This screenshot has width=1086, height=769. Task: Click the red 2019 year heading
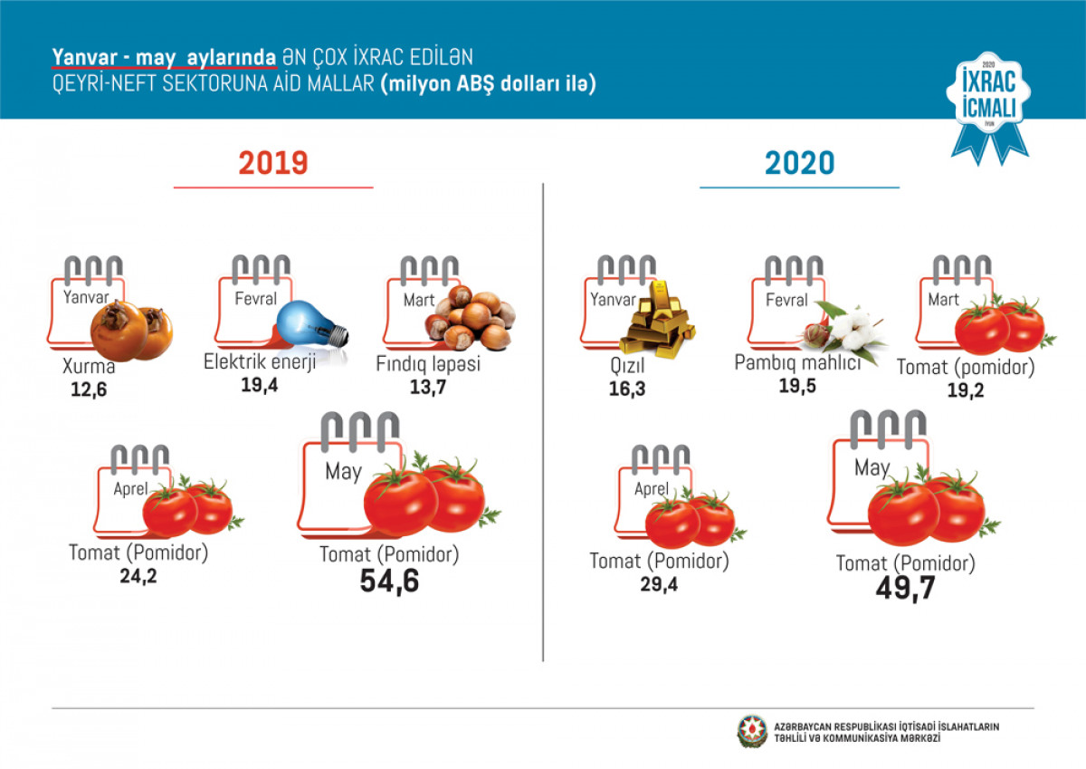273,163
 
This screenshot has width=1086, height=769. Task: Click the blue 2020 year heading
799,163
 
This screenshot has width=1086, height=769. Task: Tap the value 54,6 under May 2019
390,582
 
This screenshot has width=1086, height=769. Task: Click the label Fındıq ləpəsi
430,365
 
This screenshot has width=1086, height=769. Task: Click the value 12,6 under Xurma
90,391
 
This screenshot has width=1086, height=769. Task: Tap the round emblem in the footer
750,732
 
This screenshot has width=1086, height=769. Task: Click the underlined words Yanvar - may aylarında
164,58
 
